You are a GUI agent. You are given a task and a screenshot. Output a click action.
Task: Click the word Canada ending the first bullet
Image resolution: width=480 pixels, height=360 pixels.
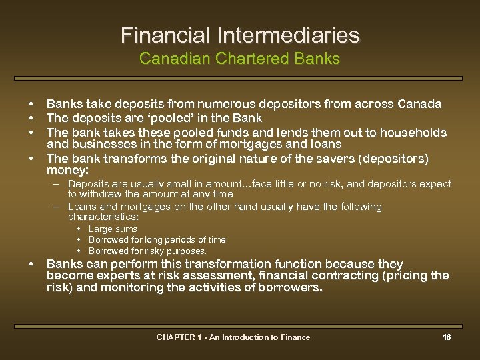point(419,104)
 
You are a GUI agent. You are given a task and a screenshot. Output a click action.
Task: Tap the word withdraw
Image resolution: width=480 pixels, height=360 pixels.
point(100,194)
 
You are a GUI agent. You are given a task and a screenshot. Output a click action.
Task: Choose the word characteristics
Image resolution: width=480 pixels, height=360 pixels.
point(102,217)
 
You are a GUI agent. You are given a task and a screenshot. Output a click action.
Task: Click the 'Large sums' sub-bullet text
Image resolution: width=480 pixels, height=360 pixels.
point(113,229)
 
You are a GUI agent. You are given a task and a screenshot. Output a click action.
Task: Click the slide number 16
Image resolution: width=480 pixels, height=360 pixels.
point(447,337)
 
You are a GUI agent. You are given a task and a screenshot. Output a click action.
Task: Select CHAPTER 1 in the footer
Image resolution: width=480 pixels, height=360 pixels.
point(178,337)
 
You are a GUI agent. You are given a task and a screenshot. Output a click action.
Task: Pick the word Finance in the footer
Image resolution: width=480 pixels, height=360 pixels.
point(294,337)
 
